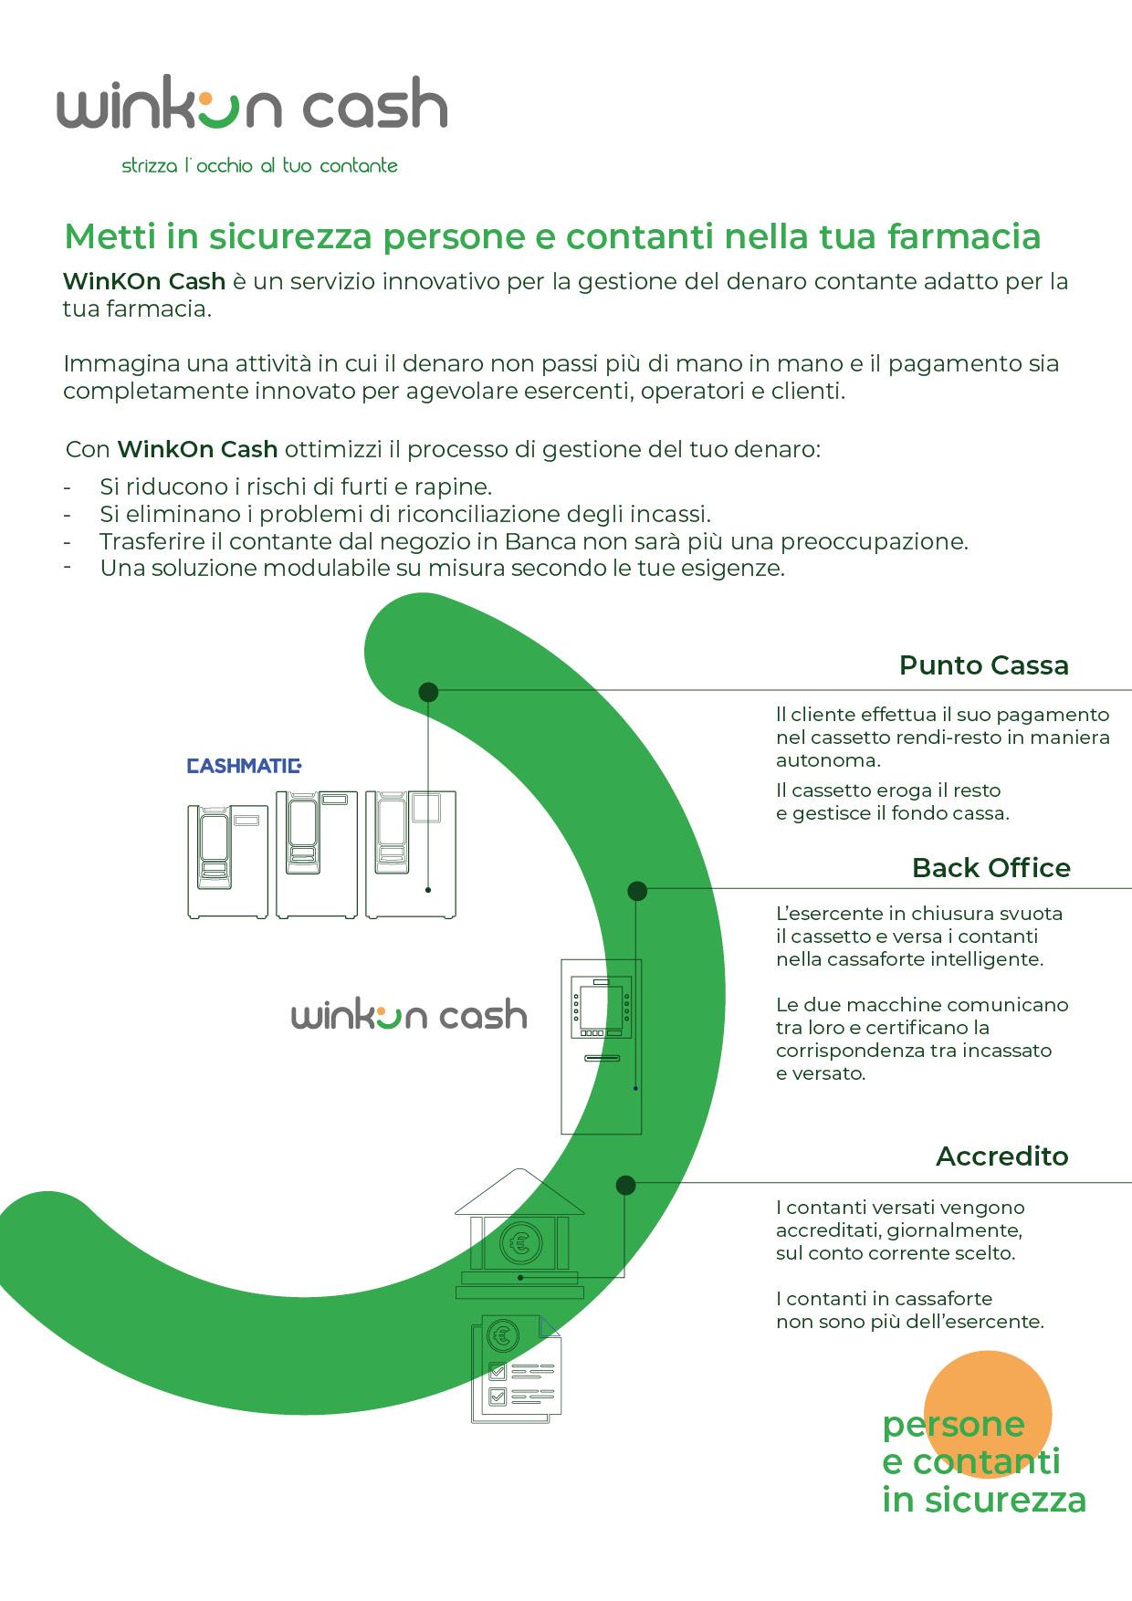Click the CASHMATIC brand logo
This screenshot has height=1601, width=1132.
point(244,765)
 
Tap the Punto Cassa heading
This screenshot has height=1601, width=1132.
point(983,664)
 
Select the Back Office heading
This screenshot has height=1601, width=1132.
point(991,867)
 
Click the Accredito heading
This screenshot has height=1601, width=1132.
point(1001,1156)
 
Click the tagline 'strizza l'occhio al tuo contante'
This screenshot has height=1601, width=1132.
point(260,165)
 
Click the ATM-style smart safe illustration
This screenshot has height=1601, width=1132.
point(601,1045)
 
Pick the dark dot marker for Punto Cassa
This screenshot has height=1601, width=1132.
point(428,693)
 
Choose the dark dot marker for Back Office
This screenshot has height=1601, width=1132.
point(637,891)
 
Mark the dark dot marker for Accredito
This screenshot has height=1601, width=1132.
point(625,1186)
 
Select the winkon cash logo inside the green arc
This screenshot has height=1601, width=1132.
point(409,1016)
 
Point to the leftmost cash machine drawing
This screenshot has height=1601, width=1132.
point(226,860)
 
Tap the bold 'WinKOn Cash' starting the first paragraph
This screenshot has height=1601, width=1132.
point(144,281)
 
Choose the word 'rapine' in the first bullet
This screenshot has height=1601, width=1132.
point(456,486)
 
